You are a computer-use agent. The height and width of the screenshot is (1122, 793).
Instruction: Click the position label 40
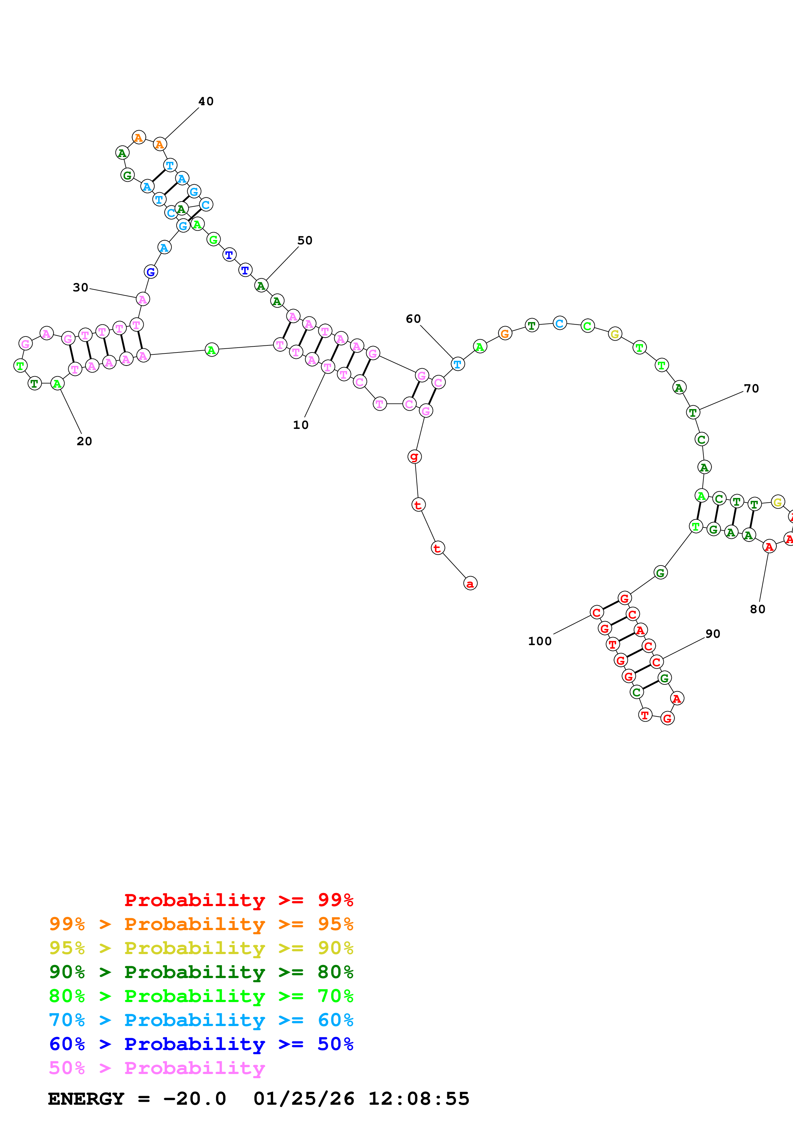(x=206, y=101)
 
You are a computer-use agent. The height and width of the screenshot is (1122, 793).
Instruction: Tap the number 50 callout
(x=305, y=241)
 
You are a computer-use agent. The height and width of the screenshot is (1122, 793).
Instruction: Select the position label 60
(x=413, y=319)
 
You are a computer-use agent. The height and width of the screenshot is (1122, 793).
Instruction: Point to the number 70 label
(x=751, y=389)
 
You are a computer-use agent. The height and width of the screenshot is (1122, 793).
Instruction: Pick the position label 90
(x=713, y=634)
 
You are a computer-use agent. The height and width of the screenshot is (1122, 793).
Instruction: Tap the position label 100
(x=540, y=641)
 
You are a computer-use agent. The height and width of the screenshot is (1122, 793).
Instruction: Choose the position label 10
(x=301, y=425)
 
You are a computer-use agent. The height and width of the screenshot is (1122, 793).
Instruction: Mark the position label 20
(x=84, y=441)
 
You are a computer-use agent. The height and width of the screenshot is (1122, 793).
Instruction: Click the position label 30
(x=81, y=287)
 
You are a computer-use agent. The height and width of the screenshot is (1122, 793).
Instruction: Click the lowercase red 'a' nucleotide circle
(x=470, y=583)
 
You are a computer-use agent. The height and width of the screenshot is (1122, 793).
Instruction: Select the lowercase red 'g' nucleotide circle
(x=414, y=456)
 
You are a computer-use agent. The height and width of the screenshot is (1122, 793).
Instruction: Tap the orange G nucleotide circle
(x=505, y=334)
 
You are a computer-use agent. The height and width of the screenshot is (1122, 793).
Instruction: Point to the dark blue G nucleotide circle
(x=151, y=272)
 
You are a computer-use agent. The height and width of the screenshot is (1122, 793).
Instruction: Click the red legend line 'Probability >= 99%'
(x=239, y=900)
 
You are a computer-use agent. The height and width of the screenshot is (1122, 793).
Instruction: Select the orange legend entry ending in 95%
(x=201, y=924)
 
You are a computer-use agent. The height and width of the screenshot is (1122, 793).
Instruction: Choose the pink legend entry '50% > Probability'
(x=157, y=1068)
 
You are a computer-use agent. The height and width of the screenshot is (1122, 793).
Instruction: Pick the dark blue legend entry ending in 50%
(x=201, y=1044)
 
